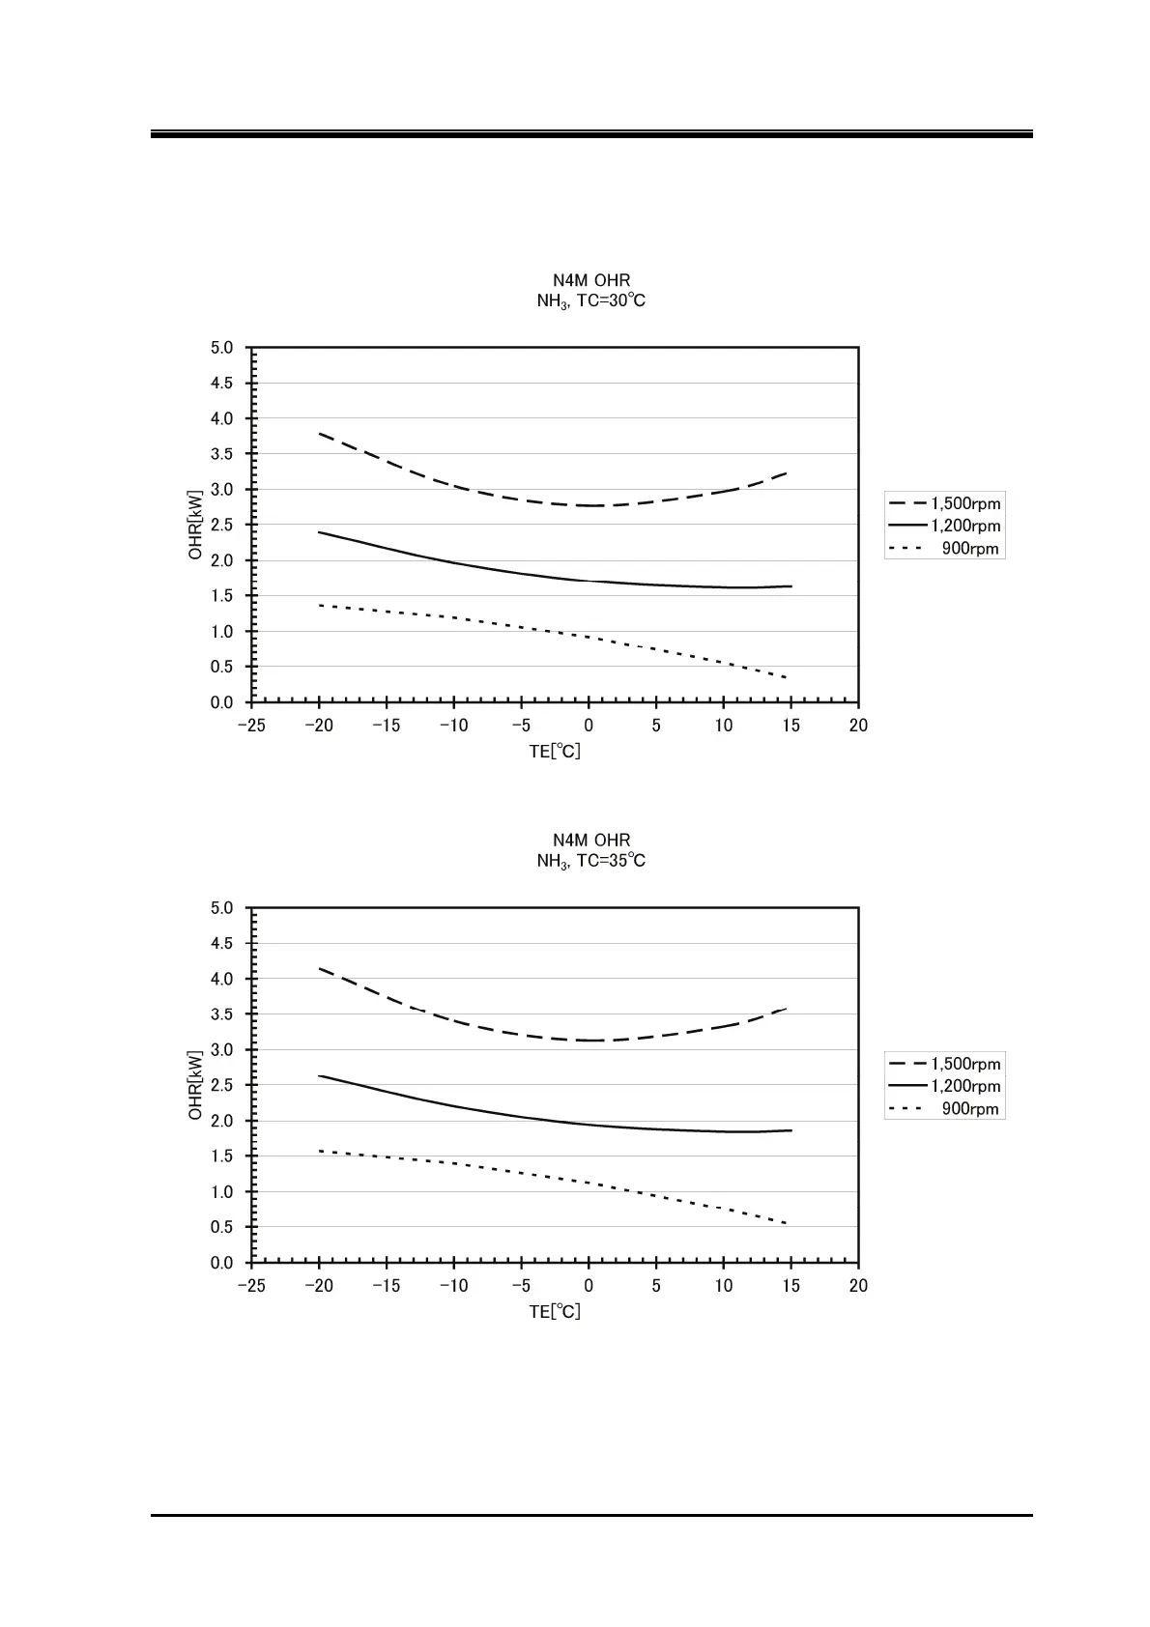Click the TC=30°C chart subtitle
tap(590, 301)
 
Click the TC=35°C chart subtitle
tap(590, 861)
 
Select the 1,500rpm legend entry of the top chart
tap(944, 503)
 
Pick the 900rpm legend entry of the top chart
tap(944, 549)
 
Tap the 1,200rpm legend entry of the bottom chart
tap(944, 1086)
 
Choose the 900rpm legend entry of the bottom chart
tap(944, 1109)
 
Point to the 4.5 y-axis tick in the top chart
tap(221, 384)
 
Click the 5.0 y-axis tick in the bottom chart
tap(221, 908)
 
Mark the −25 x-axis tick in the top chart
tap(251, 726)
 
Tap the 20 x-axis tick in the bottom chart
tap(858, 1286)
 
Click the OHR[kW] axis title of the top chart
tap(196, 525)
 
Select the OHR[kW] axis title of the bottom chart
tap(196, 1085)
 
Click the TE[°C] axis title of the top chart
tap(555, 752)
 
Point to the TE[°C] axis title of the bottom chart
tap(555, 1312)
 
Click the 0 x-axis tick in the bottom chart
tap(589, 1286)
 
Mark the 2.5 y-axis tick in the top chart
tap(221, 525)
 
